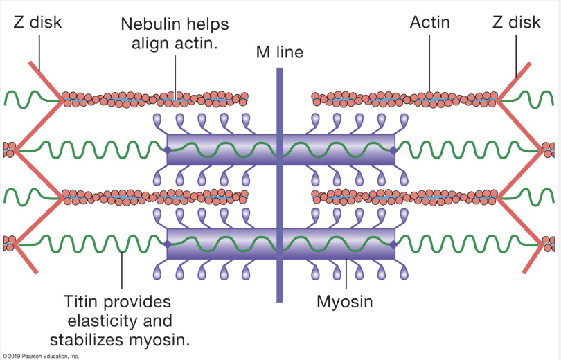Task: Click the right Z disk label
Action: pos(516,22)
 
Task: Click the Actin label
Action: pos(429,22)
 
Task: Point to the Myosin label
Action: pos(345,303)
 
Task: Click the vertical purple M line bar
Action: pos(279,208)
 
